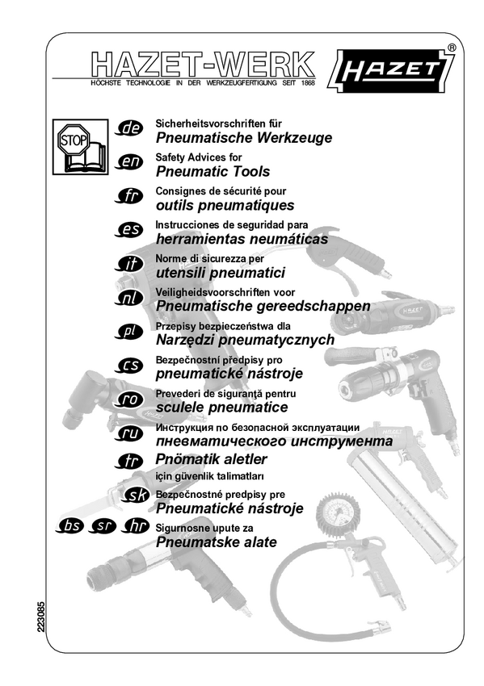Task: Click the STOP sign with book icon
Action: tap(80, 147)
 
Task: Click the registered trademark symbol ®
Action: tap(452, 48)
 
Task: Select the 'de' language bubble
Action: tap(129, 128)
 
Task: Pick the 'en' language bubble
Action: tap(129, 162)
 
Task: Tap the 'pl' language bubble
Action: tap(129, 332)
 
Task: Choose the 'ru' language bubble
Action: tap(129, 433)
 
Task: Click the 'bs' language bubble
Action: tap(69, 526)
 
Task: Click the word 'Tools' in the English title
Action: tap(251, 171)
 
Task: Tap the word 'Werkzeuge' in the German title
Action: tap(294, 138)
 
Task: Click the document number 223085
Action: tap(40, 617)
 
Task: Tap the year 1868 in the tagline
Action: tap(308, 83)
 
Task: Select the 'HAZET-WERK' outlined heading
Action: tap(204, 65)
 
